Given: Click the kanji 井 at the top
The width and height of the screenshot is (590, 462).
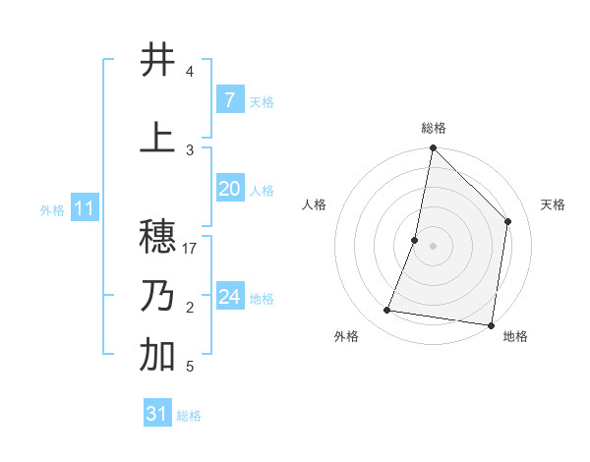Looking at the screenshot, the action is point(157,60).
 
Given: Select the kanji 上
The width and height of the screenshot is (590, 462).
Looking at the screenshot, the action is point(157,137).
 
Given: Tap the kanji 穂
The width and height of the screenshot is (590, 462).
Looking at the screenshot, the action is point(157,237).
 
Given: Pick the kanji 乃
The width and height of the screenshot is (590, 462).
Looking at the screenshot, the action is point(157,296).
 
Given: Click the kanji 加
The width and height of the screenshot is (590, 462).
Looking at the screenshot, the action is point(157,356).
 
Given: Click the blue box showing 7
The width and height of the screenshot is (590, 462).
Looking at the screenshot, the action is point(229,100).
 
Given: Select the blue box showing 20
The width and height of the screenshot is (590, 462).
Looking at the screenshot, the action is point(229,189).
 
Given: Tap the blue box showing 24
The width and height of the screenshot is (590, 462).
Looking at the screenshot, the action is point(229,297).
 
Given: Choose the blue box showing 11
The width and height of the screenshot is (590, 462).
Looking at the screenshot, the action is point(84,208).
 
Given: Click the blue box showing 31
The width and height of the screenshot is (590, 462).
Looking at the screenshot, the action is point(157,414).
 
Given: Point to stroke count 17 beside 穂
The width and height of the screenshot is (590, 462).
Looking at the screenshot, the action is point(191,249).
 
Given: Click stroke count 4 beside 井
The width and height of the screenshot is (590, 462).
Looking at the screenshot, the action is point(190,72).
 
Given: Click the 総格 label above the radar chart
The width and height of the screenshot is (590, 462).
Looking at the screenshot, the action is point(433,128).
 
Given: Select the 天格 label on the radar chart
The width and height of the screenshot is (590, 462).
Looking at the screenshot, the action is point(553,204).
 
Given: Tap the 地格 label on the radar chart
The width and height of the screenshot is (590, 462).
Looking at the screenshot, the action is point(515,336).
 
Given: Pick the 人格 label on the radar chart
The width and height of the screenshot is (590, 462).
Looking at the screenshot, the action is point(314,204).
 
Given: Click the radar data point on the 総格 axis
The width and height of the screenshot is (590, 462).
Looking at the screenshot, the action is point(433,147).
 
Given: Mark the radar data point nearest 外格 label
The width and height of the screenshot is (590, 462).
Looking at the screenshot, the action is point(387,311).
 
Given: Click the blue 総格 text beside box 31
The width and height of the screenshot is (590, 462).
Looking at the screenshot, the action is point(189,416).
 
